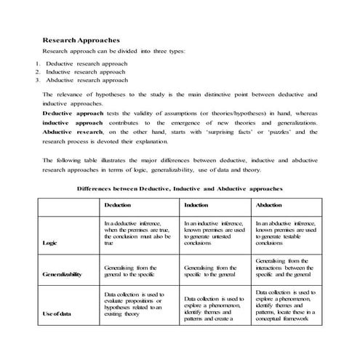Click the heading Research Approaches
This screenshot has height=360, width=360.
tap(81, 40)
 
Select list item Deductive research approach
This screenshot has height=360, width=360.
tap(86, 64)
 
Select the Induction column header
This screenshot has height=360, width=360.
tap(196, 206)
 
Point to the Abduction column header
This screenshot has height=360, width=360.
tap(269, 206)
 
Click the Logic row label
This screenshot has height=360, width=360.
tap(49, 243)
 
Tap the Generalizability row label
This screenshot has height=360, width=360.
tap(63, 274)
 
